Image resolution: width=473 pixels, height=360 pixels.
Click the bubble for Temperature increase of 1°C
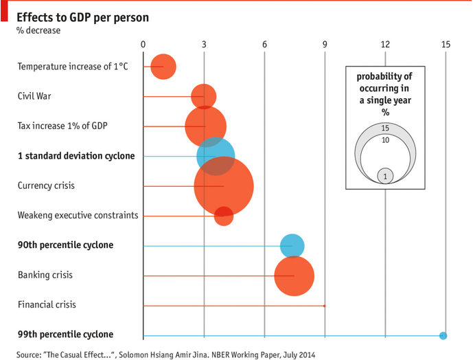click(163, 67)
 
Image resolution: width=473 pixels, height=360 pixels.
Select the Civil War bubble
click(203, 96)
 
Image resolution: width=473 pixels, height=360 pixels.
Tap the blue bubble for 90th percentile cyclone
click(292, 246)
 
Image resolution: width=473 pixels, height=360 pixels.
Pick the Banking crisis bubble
click(294, 275)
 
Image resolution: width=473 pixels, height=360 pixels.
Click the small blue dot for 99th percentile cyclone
click(443, 335)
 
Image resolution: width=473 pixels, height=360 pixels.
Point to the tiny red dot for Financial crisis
click(324, 306)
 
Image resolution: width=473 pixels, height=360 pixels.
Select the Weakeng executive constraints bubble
click(224, 216)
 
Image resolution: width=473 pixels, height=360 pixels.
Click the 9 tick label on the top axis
click(325, 45)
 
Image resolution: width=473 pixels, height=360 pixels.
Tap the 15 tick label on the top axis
click(446, 45)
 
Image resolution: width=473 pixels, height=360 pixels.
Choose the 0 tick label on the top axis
click(143, 45)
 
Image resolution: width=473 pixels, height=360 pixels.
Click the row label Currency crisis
click(46, 185)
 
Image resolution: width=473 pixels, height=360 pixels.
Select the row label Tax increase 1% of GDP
click(62, 126)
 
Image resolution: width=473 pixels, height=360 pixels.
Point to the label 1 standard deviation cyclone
click(76, 156)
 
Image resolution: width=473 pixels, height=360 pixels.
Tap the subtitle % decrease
click(38, 30)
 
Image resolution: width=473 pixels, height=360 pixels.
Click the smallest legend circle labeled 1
click(385, 176)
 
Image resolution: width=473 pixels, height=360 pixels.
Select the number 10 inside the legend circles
click(385, 140)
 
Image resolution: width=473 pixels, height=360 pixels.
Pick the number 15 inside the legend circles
click(385, 128)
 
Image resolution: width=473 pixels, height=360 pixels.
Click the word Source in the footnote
click(28, 355)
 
